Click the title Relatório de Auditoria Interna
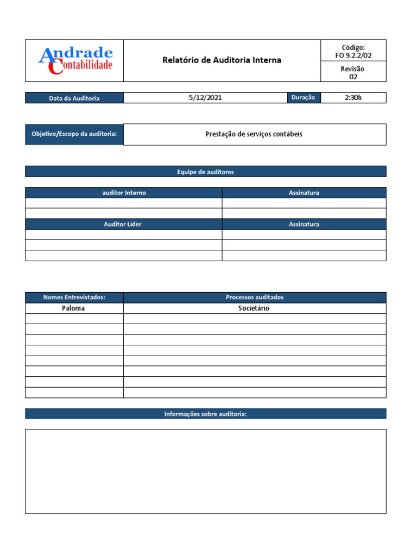tap(222, 60)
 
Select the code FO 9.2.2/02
tap(353, 55)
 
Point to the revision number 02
tap(353, 77)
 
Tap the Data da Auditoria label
tap(74, 98)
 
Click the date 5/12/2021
tap(205, 98)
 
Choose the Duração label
tap(303, 98)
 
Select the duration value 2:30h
tap(353, 98)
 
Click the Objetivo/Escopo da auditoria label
tap(74, 134)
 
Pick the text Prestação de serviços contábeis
tap(254, 134)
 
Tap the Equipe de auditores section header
tap(205, 172)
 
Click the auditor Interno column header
tap(124, 193)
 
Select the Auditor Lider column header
tap(123, 224)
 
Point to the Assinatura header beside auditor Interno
tap(304, 193)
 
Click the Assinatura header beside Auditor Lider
tap(304, 224)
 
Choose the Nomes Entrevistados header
tap(74, 298)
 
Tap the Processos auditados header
tap(254, 298)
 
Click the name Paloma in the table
tap(74, 308)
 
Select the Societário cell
tap(254, 308)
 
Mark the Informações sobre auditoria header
tap(205, 414)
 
